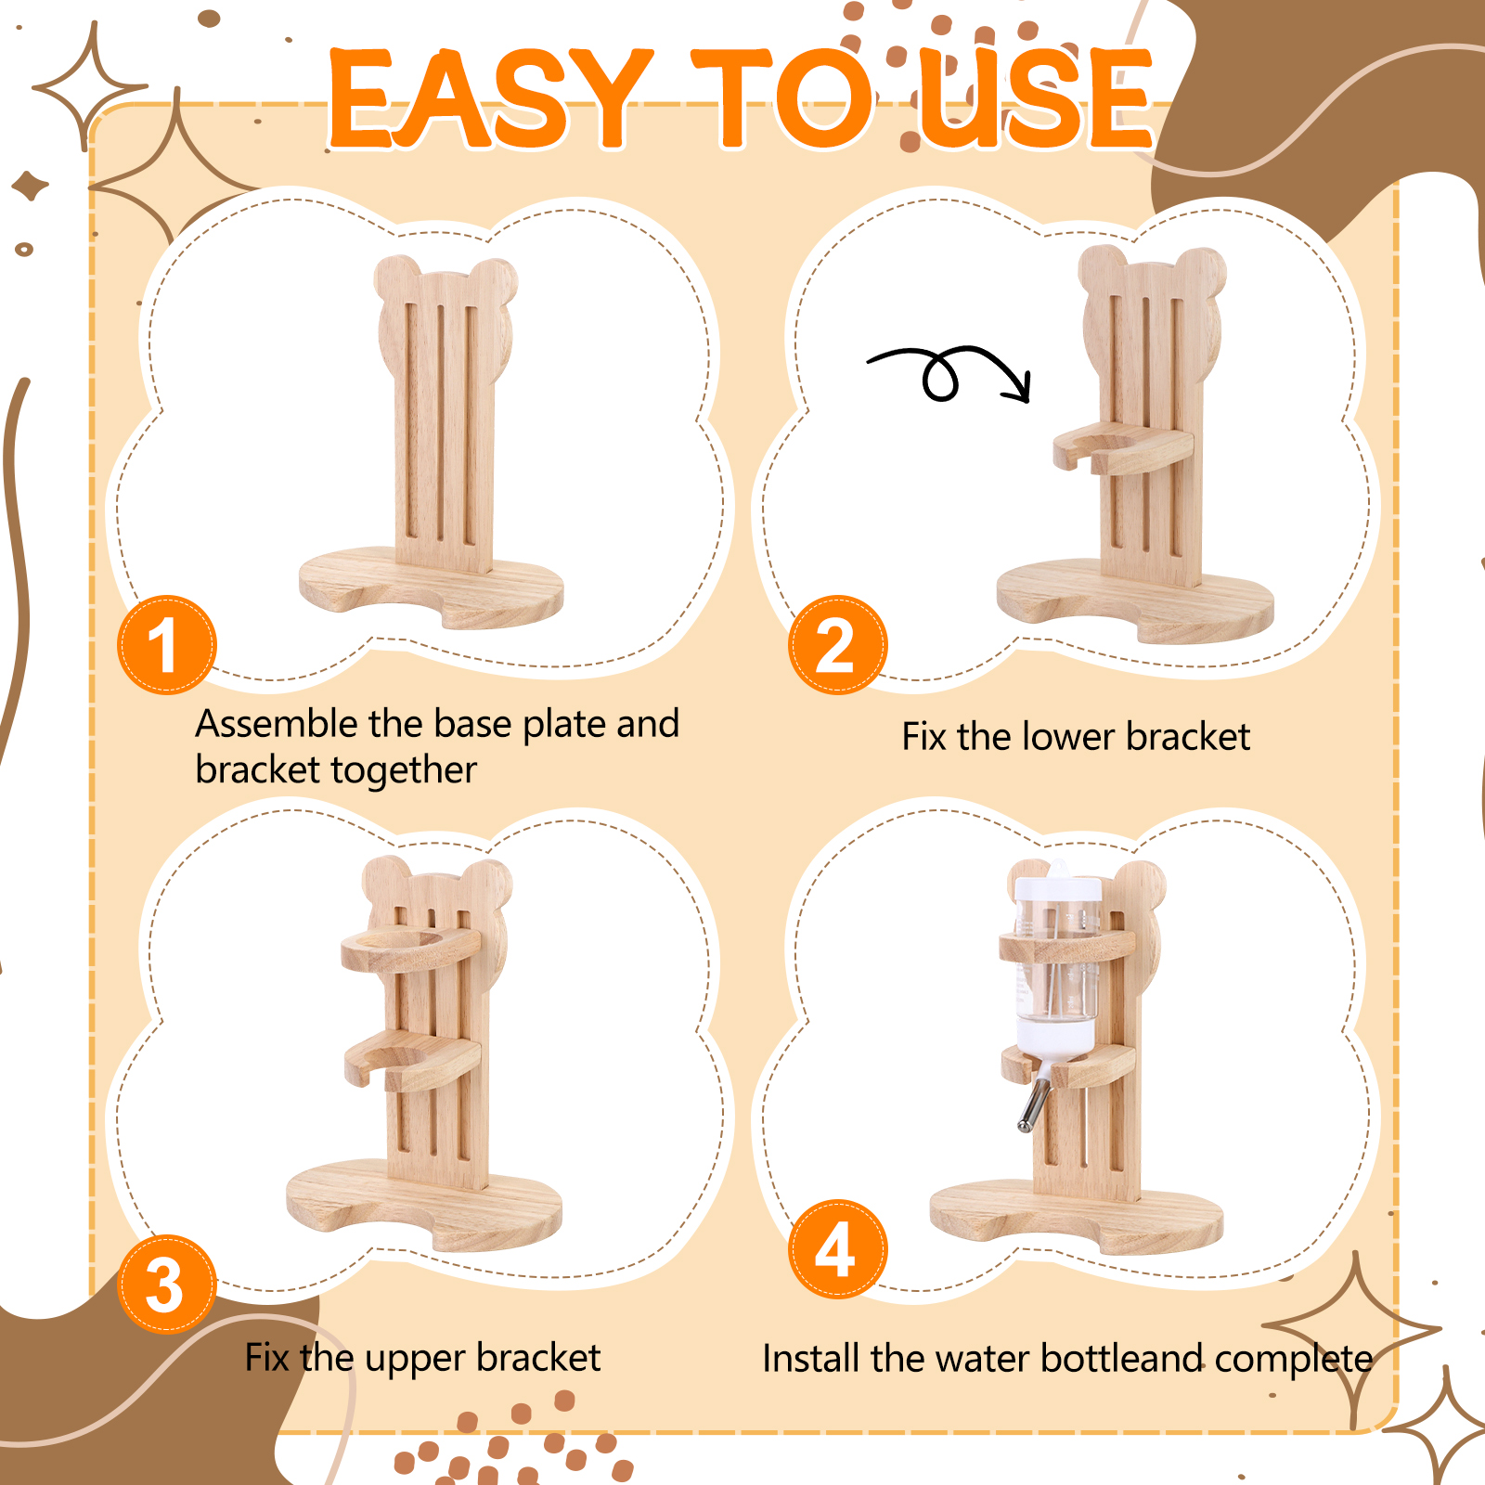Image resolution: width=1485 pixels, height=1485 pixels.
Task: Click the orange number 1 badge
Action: pyautogui.click(x=167, y=645)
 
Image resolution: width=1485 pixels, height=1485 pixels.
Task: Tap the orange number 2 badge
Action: pyautogui.click(x=838, y=645)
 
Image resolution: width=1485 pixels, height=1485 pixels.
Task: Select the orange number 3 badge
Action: pyautogui.click(x=167, y=1285)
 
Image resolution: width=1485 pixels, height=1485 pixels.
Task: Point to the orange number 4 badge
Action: pyautogui.click(x=838, y=1249)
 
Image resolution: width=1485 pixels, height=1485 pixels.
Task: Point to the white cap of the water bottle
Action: pyautogui.click(x=1057, y=885)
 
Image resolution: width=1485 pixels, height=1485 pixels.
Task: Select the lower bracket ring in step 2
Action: pyautogui.click(x=1123, y=449)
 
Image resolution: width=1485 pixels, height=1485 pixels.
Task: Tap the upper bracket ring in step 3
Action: pyautogui.click(x=410, y=949)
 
